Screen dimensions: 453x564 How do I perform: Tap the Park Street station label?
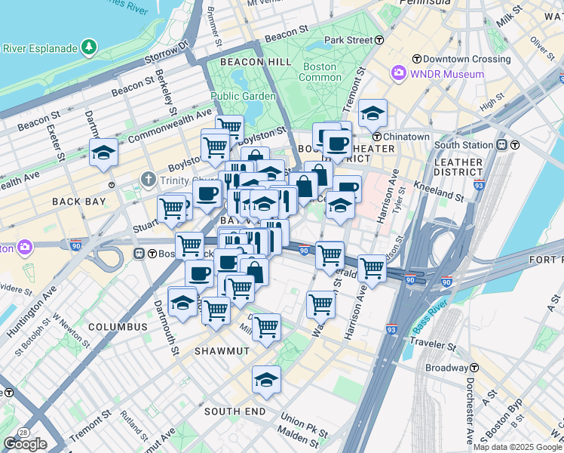pos(348,40)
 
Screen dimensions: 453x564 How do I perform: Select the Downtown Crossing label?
pos(456,58)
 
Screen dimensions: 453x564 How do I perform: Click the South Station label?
pos(464,145)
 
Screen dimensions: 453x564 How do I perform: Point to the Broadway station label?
pos(446,368)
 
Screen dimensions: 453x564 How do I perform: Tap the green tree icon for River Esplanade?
pos(90,48)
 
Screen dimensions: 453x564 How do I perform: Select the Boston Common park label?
pos(320,72)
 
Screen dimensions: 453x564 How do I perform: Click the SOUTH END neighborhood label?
pos(234,411)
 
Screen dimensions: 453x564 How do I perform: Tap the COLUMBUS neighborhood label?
pos(118,327)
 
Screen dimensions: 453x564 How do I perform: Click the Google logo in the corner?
pos(25,444)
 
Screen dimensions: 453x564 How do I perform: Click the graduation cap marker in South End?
pos(266,380)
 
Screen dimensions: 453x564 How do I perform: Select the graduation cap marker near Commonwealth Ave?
pos(103,153)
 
